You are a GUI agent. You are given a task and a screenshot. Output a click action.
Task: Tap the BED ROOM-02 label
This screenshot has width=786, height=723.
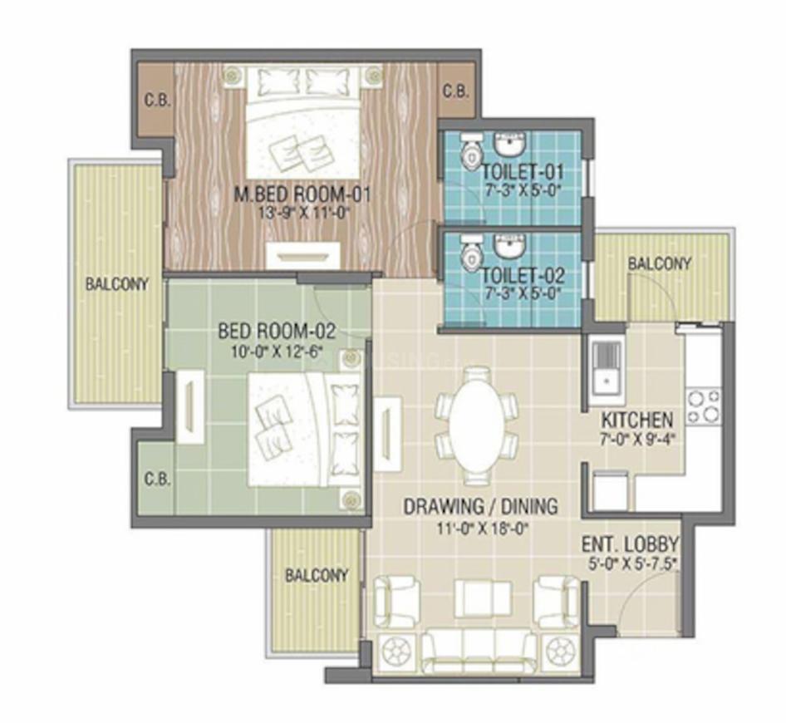(276, 331)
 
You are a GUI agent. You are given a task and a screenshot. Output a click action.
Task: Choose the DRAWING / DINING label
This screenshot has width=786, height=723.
(480, 506)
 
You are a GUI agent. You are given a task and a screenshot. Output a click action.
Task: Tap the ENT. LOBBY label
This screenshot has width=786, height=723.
(630, 546)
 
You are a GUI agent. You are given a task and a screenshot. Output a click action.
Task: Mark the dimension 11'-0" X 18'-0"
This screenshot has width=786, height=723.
(480, 526)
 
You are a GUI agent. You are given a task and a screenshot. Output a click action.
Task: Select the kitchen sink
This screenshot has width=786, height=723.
(604, 366)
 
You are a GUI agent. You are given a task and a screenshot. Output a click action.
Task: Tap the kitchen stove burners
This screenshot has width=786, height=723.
(702, 406)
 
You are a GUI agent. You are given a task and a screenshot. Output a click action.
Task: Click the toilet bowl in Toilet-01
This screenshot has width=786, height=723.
(470, 152)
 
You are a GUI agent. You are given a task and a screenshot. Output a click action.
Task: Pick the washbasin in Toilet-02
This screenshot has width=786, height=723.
(507, 245)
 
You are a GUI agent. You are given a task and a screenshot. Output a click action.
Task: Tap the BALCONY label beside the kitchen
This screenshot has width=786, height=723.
(659, 264)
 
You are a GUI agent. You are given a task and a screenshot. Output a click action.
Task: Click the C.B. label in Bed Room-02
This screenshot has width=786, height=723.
(157, 479)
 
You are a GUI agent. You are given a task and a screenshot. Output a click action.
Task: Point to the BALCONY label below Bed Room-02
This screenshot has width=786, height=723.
(316, 575)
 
